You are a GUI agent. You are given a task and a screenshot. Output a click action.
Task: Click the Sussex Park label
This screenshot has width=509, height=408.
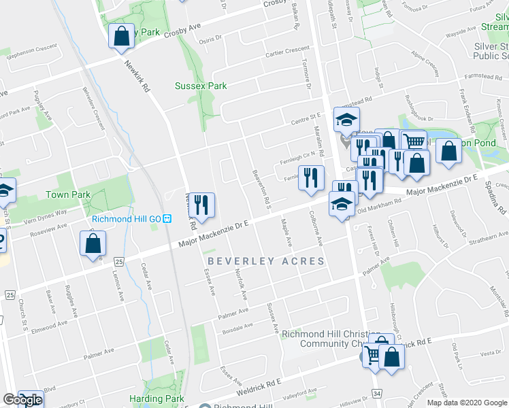pos(201,86)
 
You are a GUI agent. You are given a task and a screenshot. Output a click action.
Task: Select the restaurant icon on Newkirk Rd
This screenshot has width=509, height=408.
pos(201,204)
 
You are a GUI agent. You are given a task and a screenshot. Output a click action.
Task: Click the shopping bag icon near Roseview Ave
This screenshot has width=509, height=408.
pos(93,244)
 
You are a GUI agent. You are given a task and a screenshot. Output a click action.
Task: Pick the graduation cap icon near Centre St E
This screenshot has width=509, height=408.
pos(346,120)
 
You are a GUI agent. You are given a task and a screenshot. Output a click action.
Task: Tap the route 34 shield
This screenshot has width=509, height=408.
pos(376,394)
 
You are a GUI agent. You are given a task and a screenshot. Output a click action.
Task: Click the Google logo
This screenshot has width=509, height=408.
pos(22,400)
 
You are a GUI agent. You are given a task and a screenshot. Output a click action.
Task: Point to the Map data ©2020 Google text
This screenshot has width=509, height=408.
pos(467,403)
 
